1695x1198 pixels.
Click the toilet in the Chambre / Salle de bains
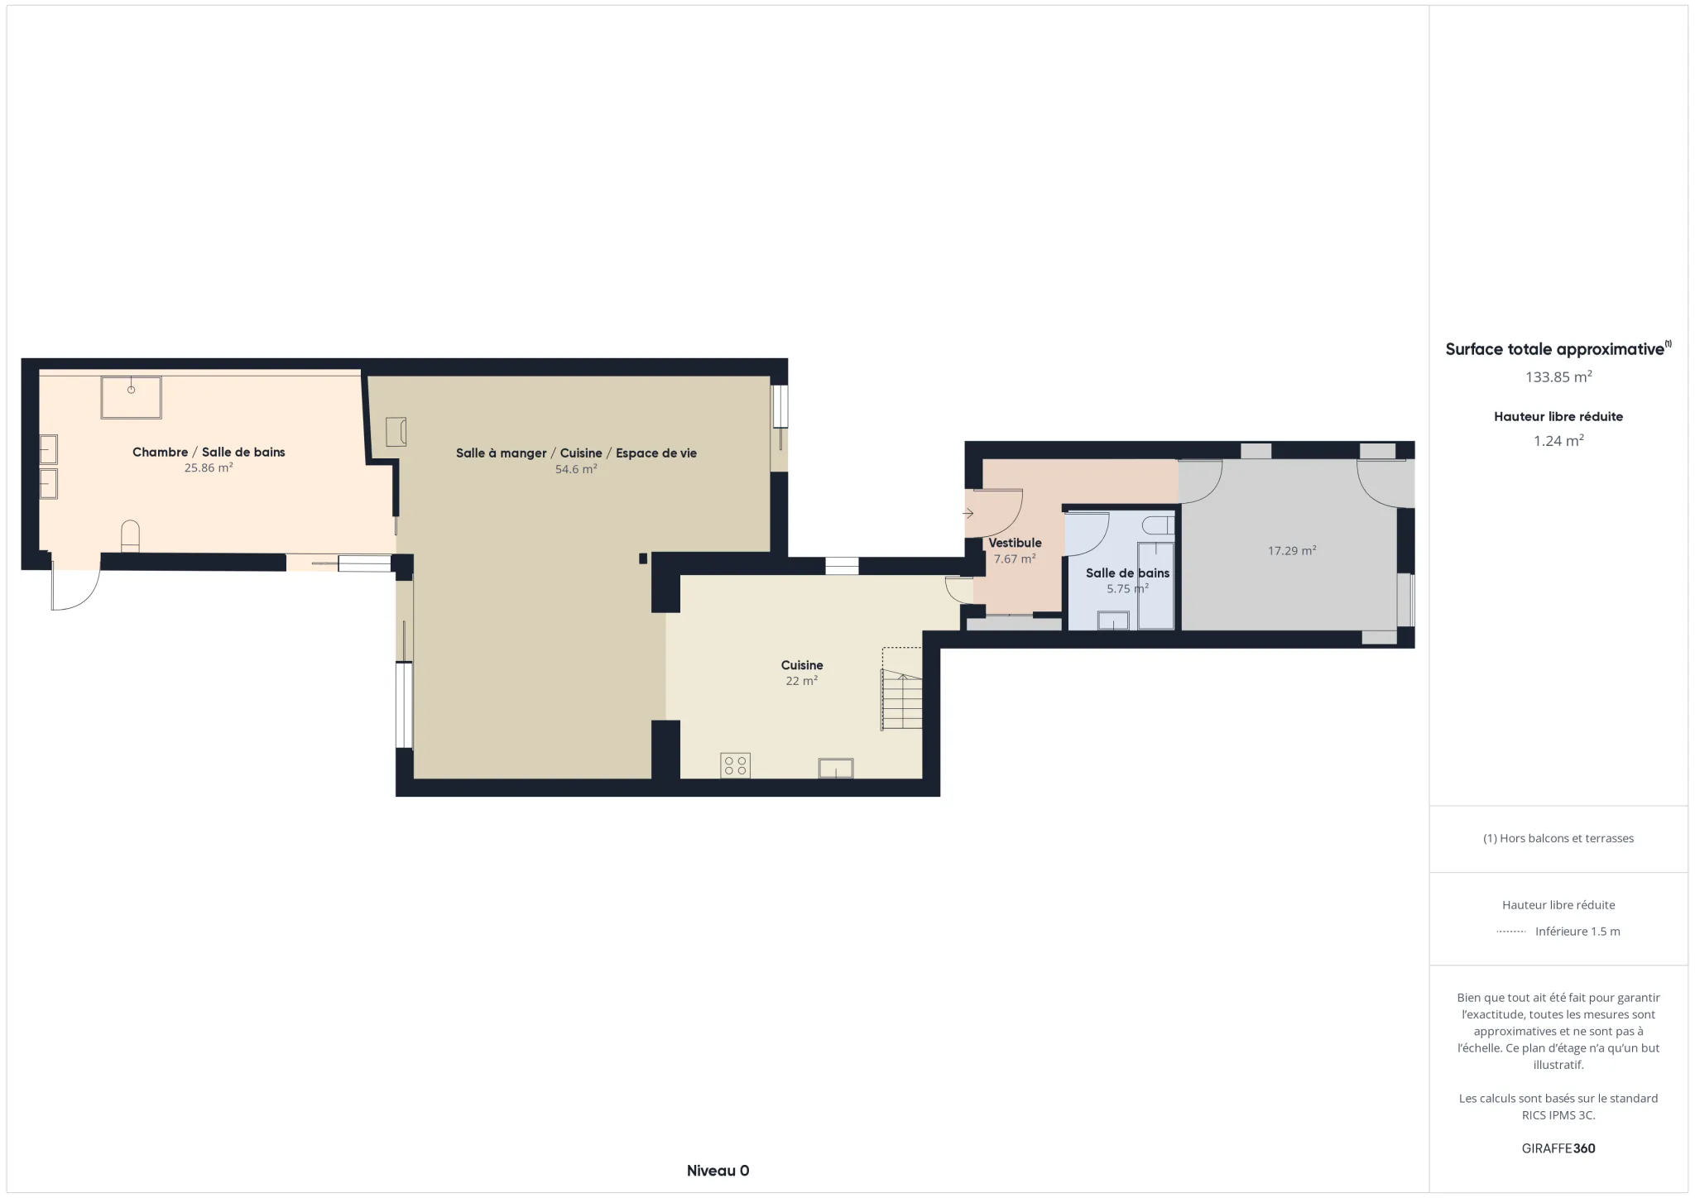[x=131, y=535]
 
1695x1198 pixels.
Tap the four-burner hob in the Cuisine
[x=735, y=764]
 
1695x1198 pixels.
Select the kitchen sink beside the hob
[x=836, y=768]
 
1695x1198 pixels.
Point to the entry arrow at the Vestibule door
[x=968, y=514]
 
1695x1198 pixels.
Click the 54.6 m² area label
[x=576, y=469]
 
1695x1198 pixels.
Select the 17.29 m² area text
[x=1291, y=551]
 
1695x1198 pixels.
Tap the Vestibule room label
[x=1015, y=543]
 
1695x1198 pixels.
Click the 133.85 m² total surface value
[x=1558, y=377]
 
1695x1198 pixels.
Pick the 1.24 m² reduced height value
[x=1558, y=441]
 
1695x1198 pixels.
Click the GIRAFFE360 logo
[x=1558, y=1148]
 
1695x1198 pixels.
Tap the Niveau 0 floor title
[x=718, y=1171]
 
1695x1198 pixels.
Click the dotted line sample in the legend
[x=1511, y=932]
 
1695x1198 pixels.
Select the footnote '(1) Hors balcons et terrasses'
[x=1558, y=838]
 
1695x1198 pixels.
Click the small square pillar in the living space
[x=643, y=558]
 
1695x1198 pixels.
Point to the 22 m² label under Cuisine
[x=801, y=681]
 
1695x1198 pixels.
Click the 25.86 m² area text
[x=209, y=468]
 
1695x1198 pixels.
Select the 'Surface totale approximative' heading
[x=1554, y=349]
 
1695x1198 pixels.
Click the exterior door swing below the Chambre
[x=75, y=588]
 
